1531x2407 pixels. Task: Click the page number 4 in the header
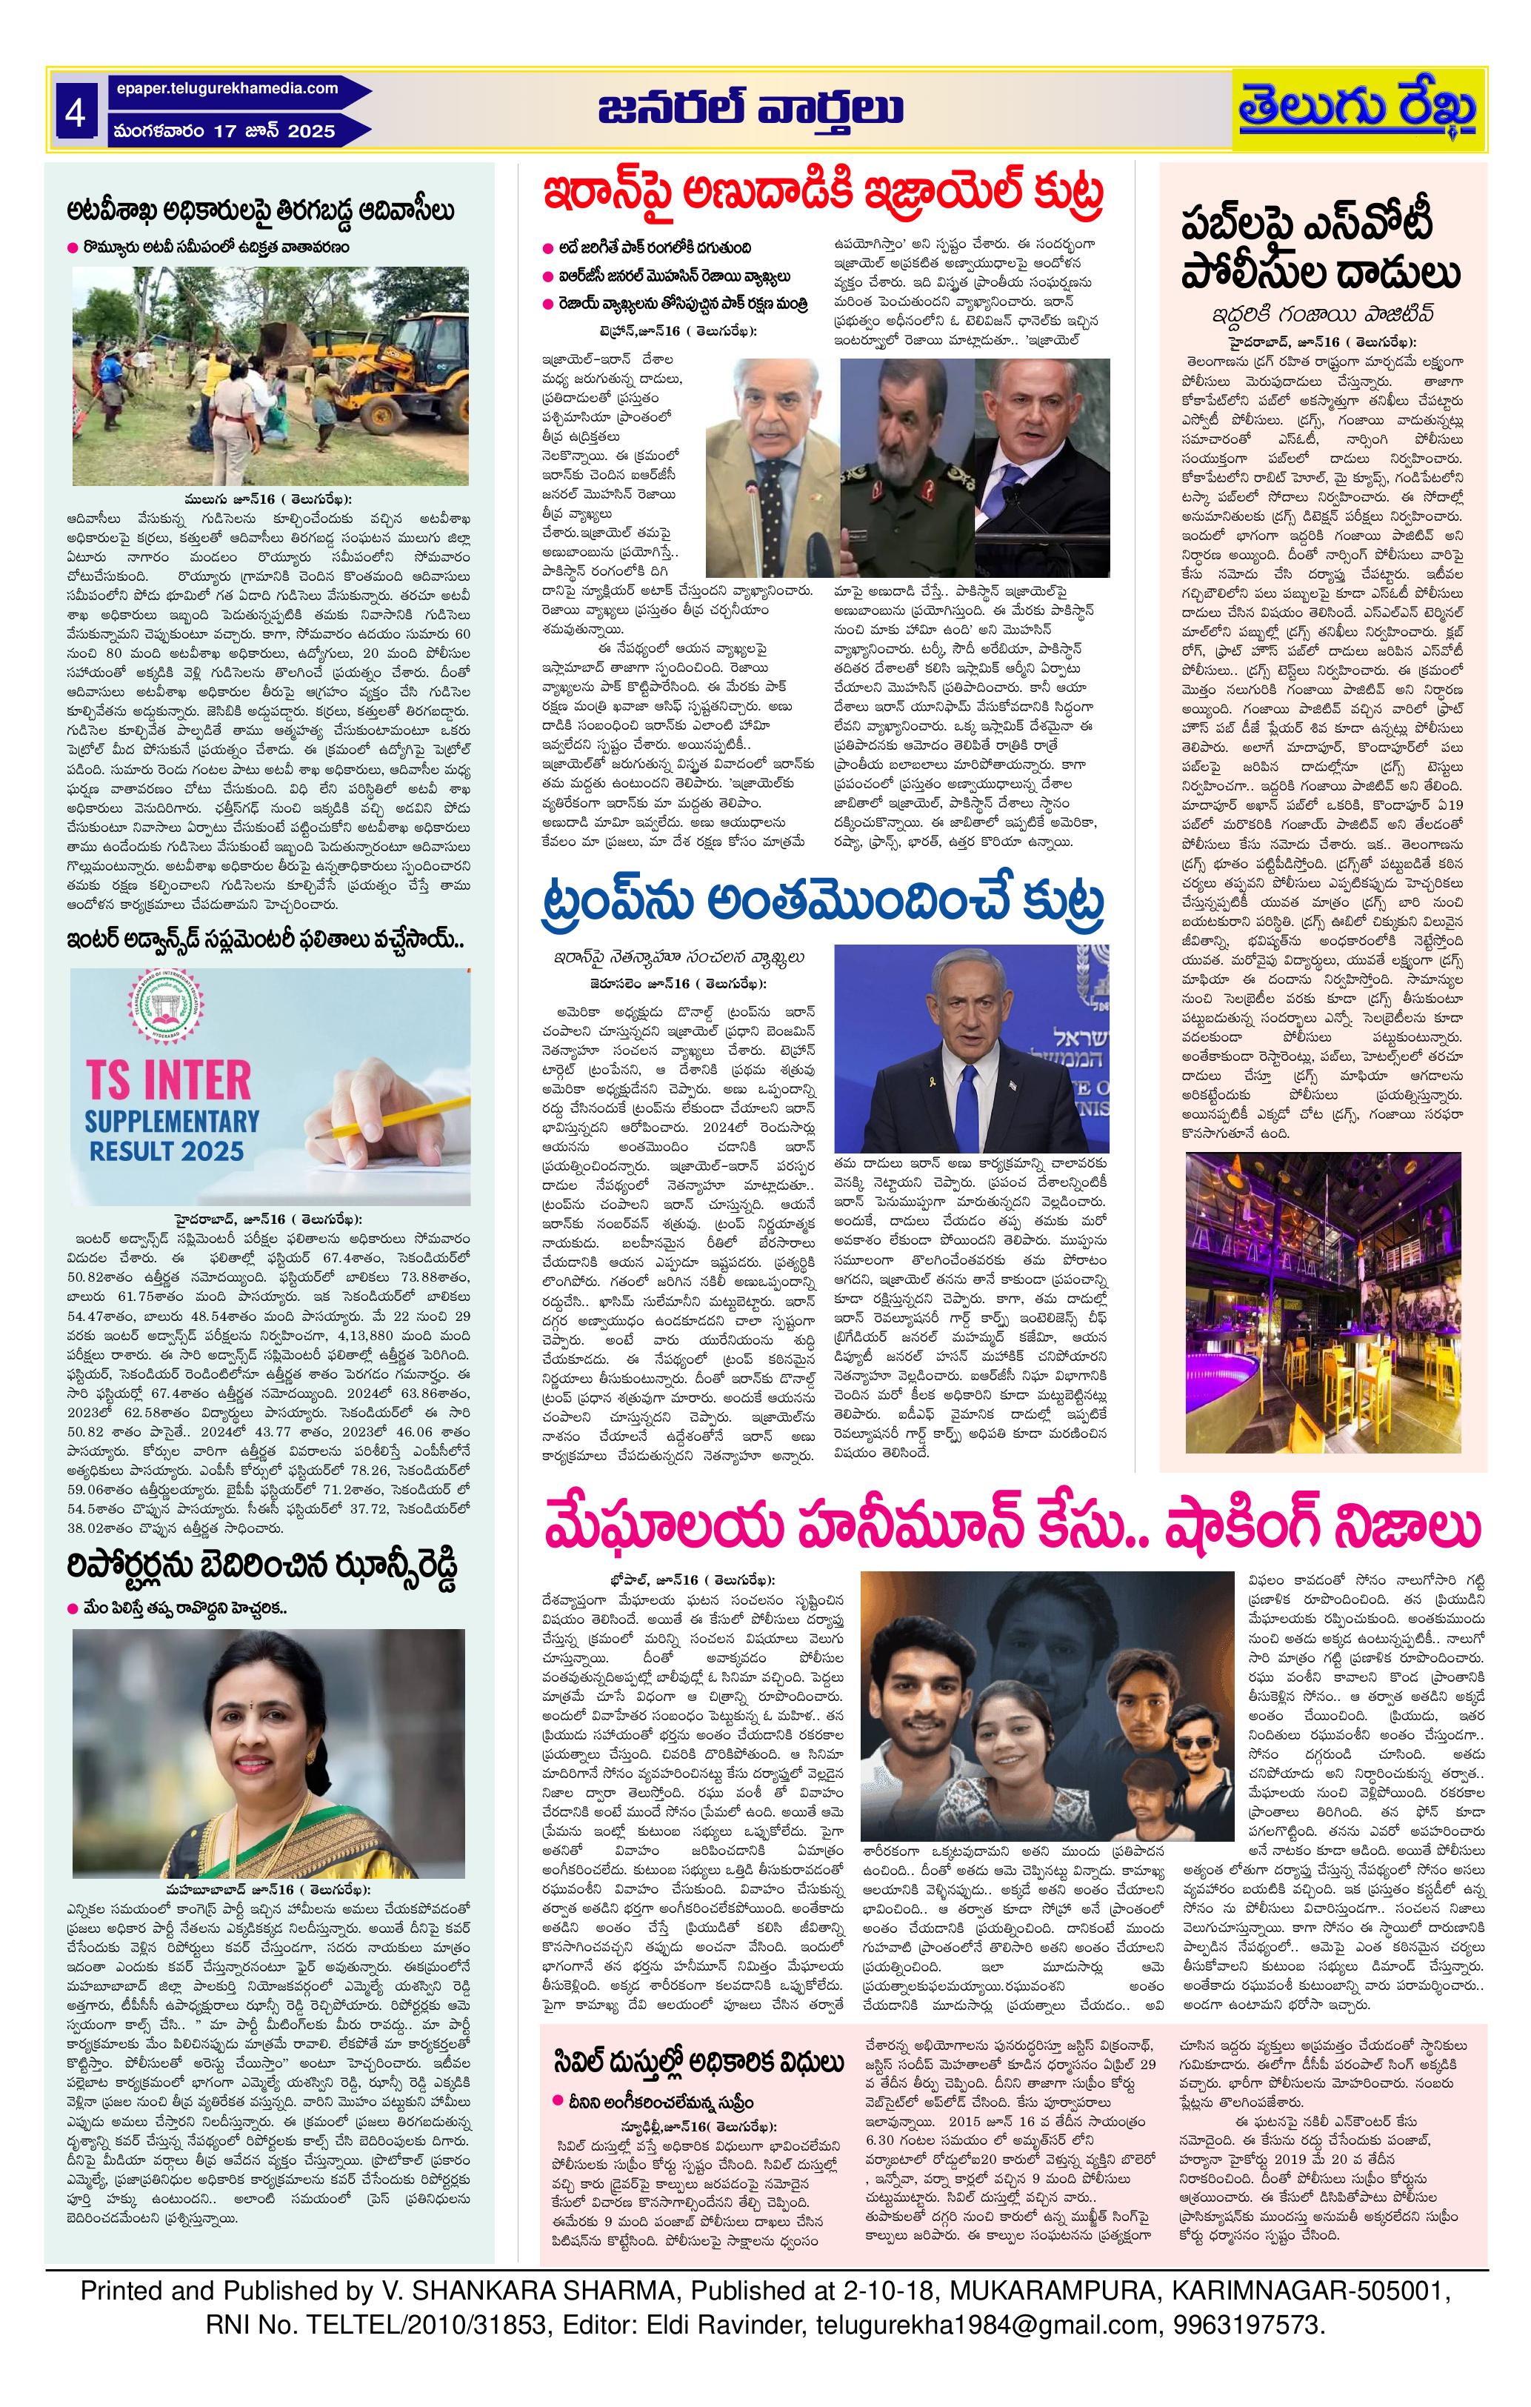75,113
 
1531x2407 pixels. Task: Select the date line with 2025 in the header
224,131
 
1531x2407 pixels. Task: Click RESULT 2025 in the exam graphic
166,1151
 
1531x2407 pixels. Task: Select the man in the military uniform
905,470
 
